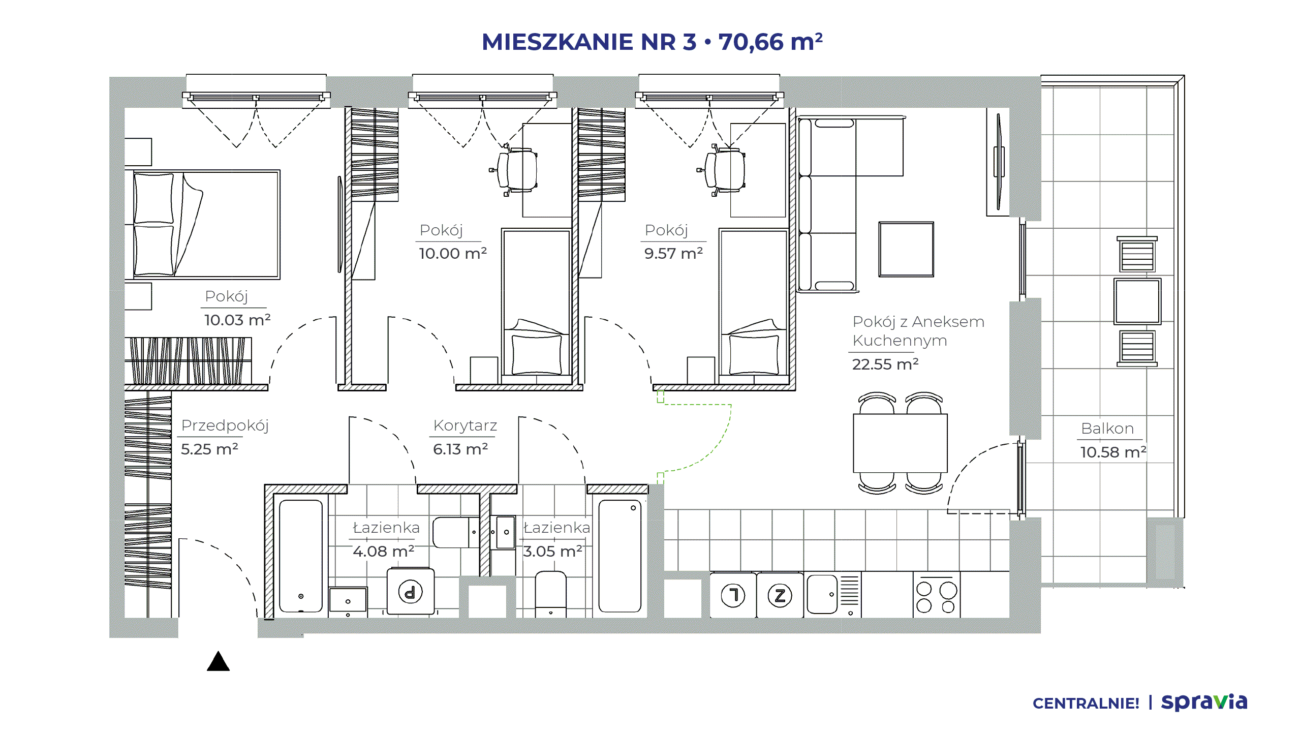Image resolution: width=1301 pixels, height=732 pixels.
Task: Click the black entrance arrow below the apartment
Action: point(219,662)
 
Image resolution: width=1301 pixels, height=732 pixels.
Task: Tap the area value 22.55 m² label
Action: point(885,364)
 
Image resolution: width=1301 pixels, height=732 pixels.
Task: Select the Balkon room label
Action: point(1107,429)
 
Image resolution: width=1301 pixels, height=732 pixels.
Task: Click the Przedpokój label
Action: point(225,425)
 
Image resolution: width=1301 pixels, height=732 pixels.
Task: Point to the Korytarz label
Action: point(465,425)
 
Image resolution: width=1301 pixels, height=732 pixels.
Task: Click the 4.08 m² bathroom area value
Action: point(384,551)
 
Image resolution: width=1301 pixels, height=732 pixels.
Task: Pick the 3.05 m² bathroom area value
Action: point(553,551)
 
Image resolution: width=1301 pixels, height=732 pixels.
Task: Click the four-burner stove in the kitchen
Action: point(936,596)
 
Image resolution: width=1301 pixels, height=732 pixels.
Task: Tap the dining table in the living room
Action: point(900,443)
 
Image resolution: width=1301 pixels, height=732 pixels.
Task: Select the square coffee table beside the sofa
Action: point(906,249)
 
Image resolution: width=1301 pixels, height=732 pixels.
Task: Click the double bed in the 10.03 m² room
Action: point(207,224)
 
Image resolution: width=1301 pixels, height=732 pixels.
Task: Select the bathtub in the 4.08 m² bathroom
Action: point(301,556)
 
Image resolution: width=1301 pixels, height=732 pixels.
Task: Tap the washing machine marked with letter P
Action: point(411,592)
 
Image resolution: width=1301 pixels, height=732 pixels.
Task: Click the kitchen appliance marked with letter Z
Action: point(780,595)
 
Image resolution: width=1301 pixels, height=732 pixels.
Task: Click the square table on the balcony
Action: point(1137,301)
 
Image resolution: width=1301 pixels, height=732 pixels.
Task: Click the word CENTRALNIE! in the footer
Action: point(1086,704)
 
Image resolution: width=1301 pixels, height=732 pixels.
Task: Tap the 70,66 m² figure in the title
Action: point(770,42)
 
